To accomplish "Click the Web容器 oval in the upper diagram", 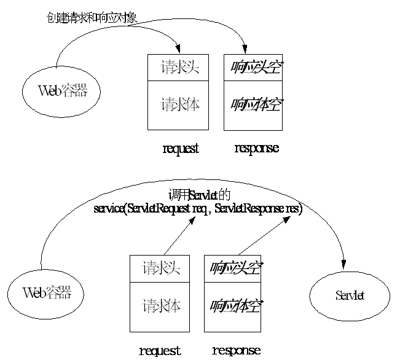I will (x=62, y=91).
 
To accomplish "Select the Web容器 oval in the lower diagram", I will (x=47, y=292).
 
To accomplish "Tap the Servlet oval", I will (x=350, y=296).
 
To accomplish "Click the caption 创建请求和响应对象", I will (x=92, y=18).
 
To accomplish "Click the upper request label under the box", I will (x=181, y=149).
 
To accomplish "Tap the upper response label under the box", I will (x=256, y=149).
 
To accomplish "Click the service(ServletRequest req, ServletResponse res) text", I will (x=198, y=208).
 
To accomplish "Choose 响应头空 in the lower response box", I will (x=235, y=268).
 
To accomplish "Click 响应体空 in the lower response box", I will (x=235, y=305).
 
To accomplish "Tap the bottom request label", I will (x=160, y=351).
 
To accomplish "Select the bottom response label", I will (x=237, y=351).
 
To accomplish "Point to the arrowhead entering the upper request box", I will (x=179, y=50).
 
